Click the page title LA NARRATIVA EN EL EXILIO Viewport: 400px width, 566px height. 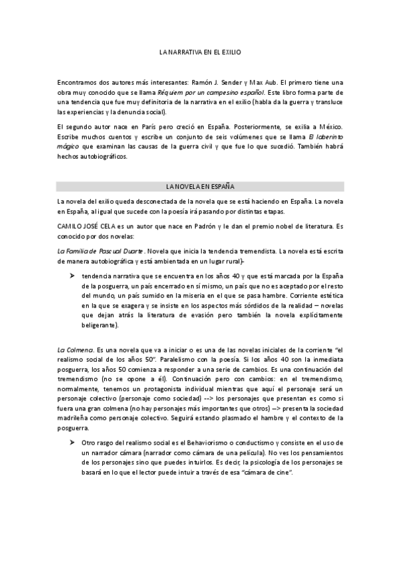[200, 51]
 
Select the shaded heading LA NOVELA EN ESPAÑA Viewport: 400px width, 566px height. [200, 186]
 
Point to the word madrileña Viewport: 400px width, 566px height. [76, 418]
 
